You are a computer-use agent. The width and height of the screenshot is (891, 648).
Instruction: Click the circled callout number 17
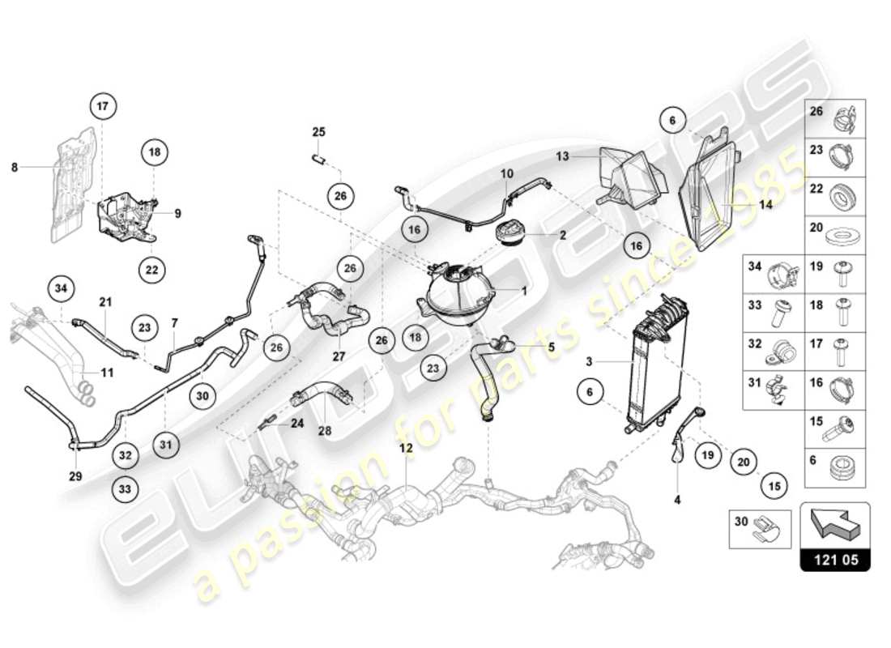click(103, 106)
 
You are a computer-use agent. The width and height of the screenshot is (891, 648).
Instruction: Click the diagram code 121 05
click(835, 559)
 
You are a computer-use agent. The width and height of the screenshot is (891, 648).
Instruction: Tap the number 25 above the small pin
click(318, 131)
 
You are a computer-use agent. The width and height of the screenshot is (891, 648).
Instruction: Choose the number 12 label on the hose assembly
click(405, 448)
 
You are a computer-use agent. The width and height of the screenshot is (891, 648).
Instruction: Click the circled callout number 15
click(774, 487)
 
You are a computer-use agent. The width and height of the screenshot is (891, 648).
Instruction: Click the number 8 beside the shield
click(15, 167)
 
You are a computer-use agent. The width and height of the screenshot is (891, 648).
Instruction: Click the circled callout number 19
click(708, 455)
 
